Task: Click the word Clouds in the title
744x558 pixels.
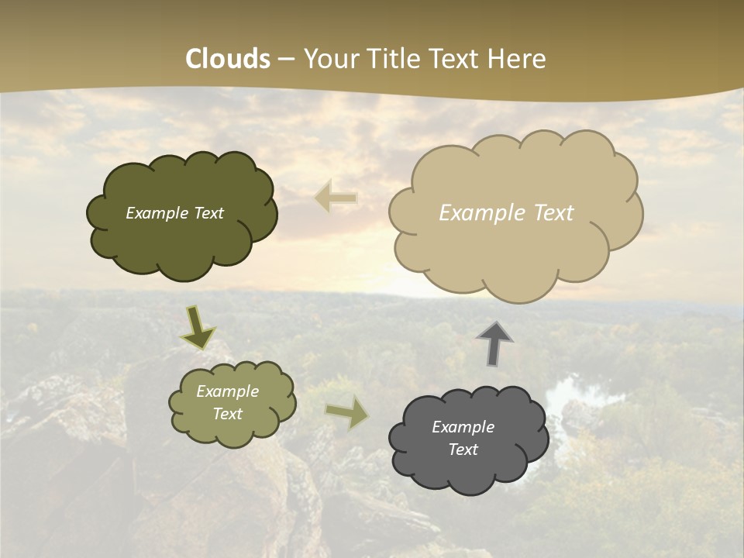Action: click(228, 58)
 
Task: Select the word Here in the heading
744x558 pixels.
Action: click(518, 58)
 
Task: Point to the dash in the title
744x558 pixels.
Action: click(286, 59)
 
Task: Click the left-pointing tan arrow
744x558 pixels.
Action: click(336, 198)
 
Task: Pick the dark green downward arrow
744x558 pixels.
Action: click(198, 327)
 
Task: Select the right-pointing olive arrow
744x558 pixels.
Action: click(349, 412)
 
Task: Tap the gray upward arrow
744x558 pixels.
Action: click(494, 343)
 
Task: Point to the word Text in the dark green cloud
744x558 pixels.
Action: click(208, 213)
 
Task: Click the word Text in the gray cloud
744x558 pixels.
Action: click(463, 449)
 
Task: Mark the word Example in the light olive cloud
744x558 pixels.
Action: click(227, 391)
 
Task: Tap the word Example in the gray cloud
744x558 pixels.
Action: click(463, 427)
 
